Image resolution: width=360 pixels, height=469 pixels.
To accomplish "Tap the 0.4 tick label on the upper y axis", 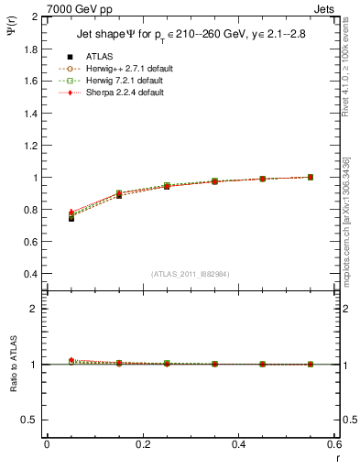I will click(29, 274).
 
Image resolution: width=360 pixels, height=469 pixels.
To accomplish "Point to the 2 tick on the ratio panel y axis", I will click(34, 309).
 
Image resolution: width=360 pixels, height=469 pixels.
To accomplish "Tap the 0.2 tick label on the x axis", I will click(143, 444).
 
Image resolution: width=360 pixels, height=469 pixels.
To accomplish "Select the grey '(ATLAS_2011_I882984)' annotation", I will click(191, 274).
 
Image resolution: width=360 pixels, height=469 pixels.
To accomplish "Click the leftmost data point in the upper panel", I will click(71, 216).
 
